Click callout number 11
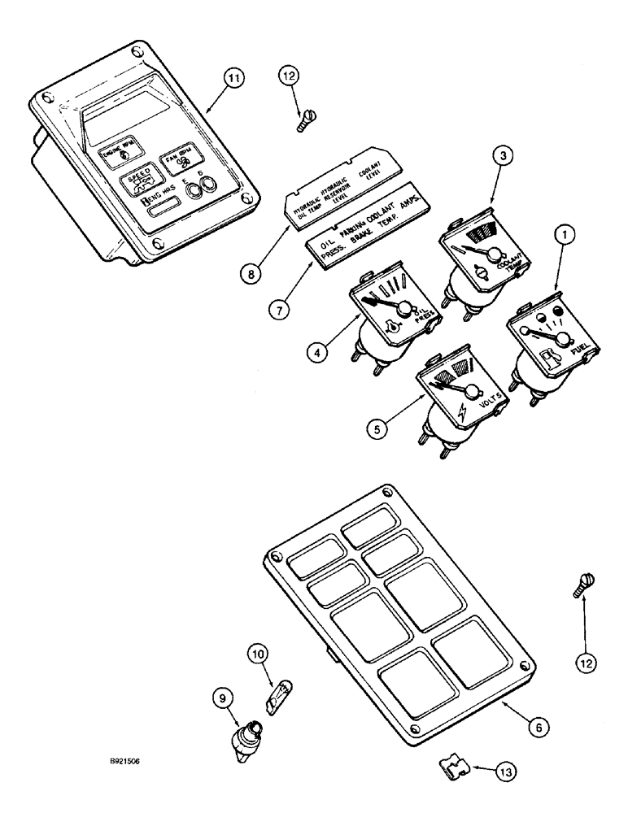tap(234, 78)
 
